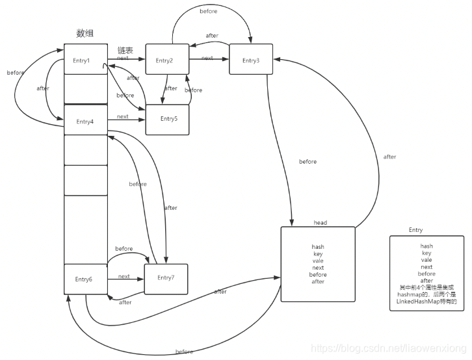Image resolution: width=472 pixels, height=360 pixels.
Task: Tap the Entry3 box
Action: click(251, 60)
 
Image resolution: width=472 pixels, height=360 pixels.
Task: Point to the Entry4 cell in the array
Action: click(86, 121)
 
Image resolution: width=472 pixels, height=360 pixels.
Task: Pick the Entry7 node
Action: click(166, 278)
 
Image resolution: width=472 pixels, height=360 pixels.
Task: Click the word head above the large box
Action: click(320, 223)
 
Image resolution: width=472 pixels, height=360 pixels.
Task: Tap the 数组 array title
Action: click(85, 34)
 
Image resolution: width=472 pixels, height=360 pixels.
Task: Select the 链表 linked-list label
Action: click(125, 50)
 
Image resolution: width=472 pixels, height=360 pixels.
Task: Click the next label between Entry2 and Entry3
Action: click(207, 58)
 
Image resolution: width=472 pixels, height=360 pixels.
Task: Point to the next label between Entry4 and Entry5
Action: click(122, 116)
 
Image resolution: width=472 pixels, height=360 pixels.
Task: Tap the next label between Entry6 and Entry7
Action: click(124, 276)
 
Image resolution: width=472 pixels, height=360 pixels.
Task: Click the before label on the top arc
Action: click(209, 11)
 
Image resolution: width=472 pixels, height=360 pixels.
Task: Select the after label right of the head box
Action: click(389, 157)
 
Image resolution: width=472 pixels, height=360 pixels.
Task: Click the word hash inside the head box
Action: click(318, 247)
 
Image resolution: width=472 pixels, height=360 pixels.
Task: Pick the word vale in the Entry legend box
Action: click(426, 260)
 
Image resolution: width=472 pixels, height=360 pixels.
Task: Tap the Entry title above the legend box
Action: click(416, 230)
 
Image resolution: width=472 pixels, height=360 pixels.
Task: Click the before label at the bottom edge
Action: click(184, 352)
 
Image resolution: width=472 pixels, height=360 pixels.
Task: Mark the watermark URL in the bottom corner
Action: click(389, 349)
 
